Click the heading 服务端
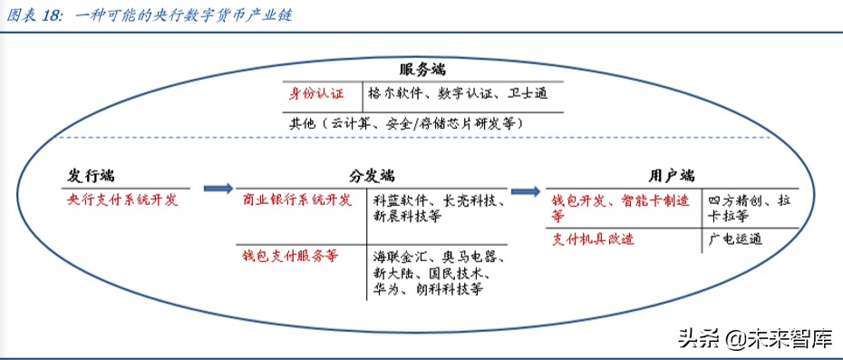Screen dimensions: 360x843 coord(421,70)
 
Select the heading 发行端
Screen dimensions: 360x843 coord(91,175)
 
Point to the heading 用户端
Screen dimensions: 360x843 coord(672,175)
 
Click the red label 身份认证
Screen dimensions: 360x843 coord(316,93)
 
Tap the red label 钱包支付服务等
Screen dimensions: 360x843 coord(291,256)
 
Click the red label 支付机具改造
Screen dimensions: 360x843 coord(594,239)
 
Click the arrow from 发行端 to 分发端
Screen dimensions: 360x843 coord(218,189)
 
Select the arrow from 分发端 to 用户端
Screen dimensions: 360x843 coord(525,190)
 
